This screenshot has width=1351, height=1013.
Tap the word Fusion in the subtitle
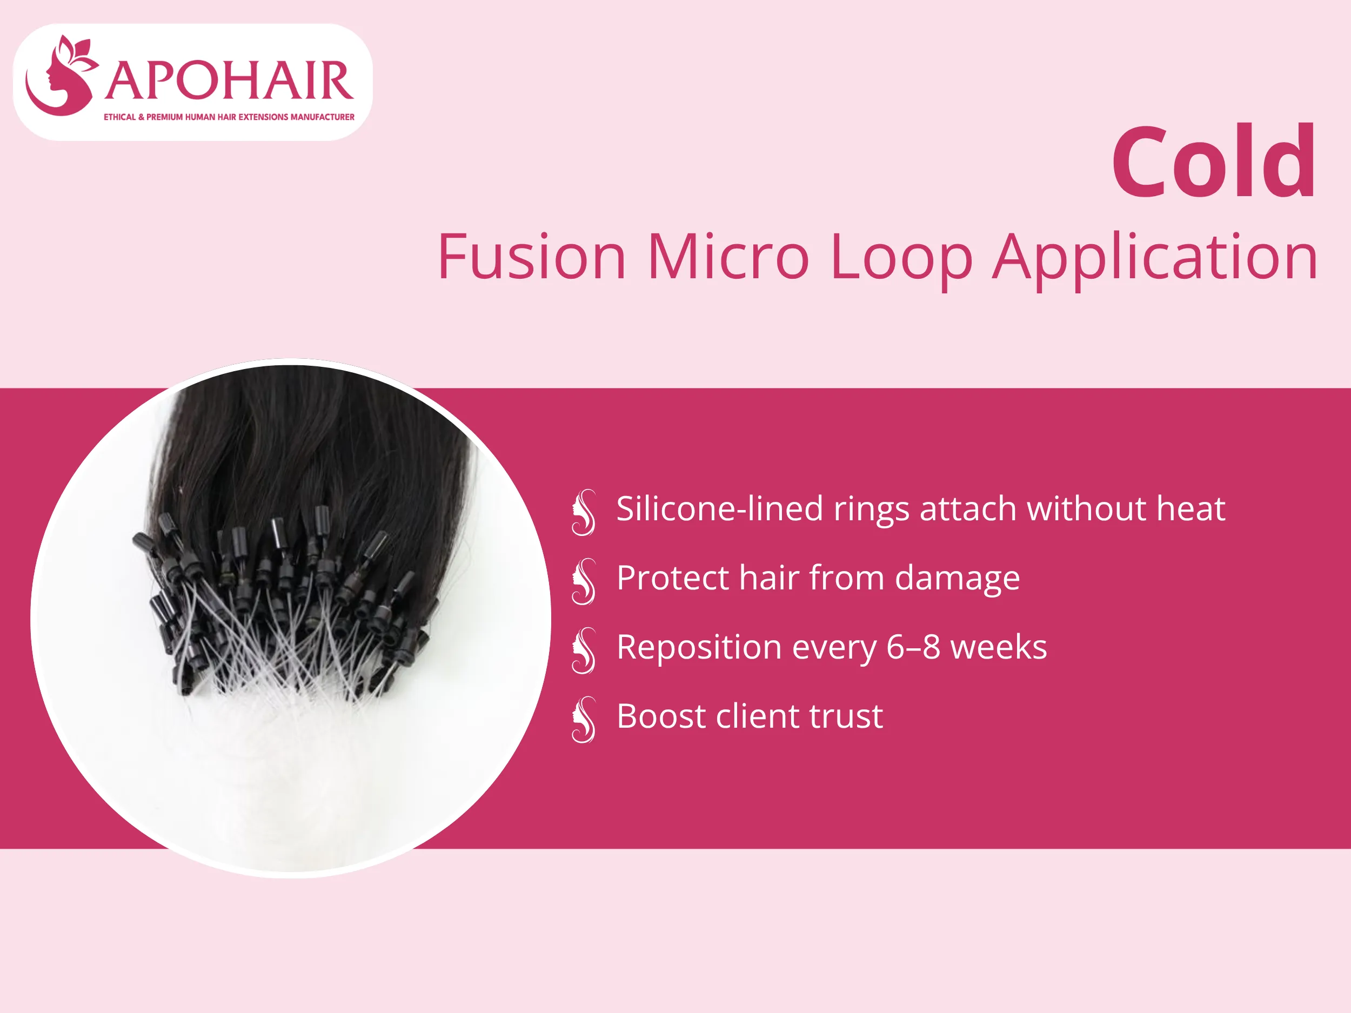click(531, 257)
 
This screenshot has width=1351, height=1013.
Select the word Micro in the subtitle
click(727, 257)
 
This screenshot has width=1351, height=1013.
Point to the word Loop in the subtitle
click(901, 258)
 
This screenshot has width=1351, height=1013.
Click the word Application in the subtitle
click(1154, 258)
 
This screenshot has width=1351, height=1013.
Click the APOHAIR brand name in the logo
click(229, 81)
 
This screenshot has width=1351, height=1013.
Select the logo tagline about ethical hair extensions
click(229, 117)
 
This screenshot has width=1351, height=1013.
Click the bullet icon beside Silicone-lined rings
click(583, 512)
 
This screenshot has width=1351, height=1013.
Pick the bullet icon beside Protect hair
click(583, 581)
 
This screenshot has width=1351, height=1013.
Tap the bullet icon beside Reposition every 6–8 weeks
click(583, 650)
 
